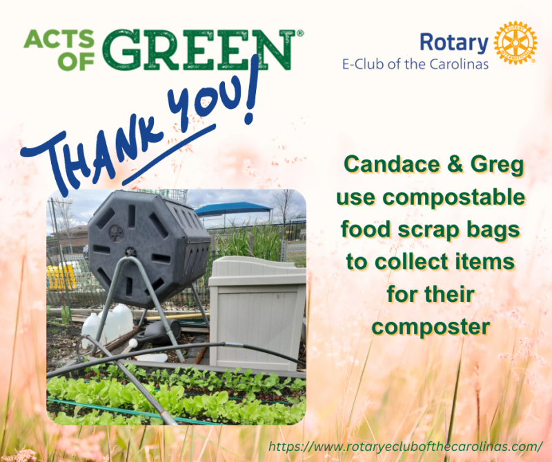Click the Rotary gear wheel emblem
[515, 43]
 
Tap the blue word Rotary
[454, 43]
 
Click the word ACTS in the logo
[59, 39]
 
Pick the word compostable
[454, 198]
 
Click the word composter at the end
[431, 328]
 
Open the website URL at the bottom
[406, 447]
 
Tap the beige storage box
[257, 312]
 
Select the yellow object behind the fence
[61, 277]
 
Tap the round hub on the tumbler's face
[116, 233]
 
